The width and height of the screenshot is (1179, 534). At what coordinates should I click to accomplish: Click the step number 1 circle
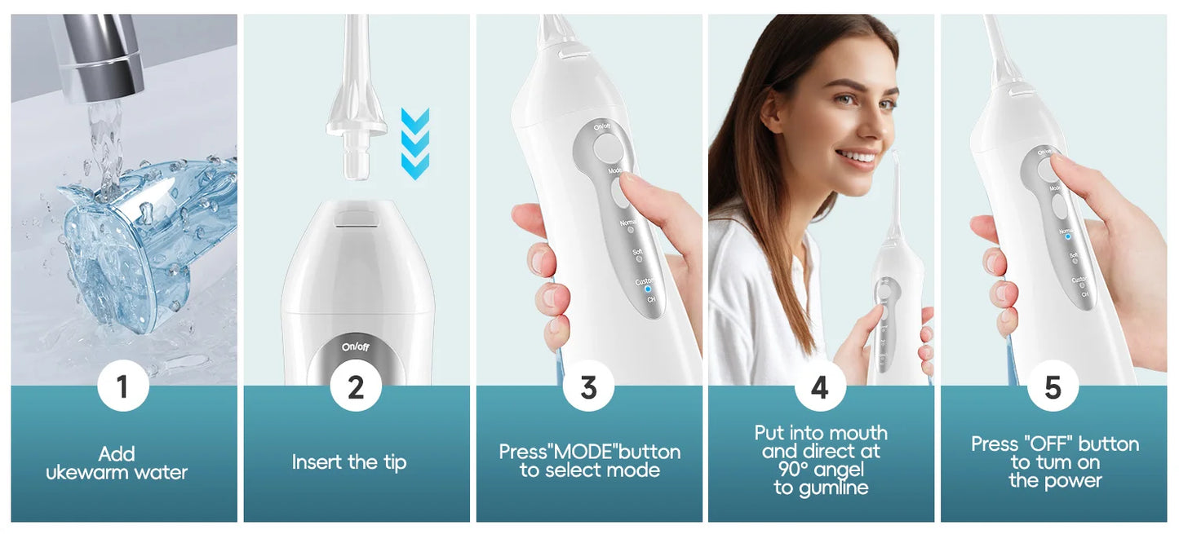123,386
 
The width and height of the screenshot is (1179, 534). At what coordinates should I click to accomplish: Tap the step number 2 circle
356,386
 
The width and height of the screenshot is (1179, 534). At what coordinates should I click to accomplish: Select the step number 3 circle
588,386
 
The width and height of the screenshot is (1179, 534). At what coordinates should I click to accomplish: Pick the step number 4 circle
820,386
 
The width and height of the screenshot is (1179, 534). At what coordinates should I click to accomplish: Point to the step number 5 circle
1053,386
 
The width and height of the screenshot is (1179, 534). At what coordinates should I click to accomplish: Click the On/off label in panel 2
356,347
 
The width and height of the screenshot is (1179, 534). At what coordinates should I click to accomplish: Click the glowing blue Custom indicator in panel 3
647,289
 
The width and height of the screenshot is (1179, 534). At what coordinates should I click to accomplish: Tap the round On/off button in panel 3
606,148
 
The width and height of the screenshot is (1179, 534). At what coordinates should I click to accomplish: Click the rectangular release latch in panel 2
357,218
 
